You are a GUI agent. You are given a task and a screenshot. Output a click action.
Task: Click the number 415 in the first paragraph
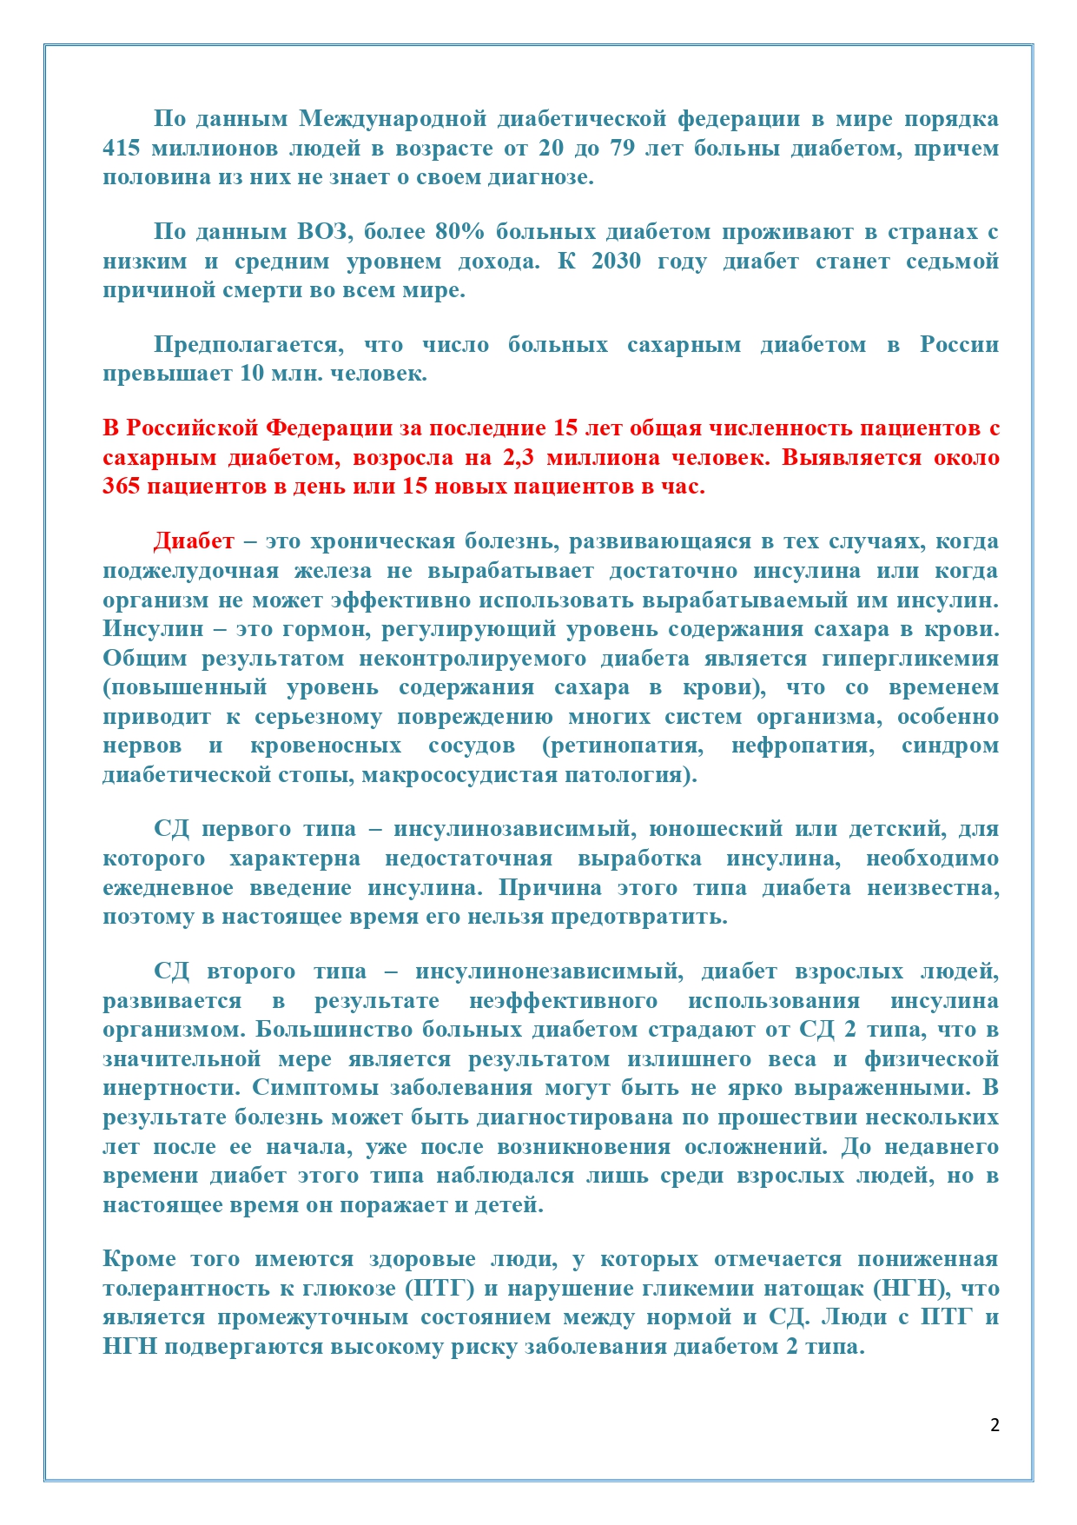click(121, 149)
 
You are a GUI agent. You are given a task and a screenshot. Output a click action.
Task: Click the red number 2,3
click(518, 458)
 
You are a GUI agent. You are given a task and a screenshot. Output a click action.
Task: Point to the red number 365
click(122, 487)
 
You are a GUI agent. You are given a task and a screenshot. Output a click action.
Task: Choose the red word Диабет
click(194, 541)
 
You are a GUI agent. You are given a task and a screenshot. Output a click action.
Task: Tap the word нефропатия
click(803, 746)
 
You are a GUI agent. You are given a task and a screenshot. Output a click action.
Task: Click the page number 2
click(994, 1425)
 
